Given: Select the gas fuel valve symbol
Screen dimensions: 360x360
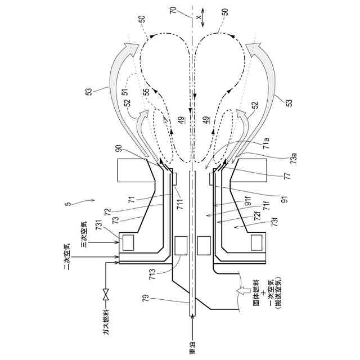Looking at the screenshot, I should point(105,292).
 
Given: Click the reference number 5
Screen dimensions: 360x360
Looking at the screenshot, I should point(67,206).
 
